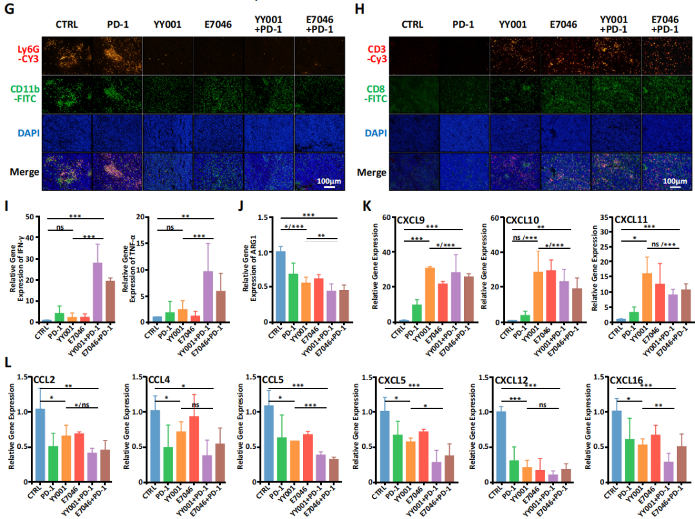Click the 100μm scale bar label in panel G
click(328, 181)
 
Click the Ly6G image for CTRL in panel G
click(66, 57)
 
